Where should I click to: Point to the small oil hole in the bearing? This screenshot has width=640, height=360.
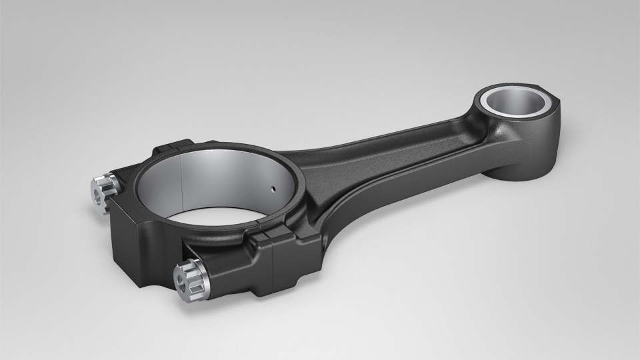273,189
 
